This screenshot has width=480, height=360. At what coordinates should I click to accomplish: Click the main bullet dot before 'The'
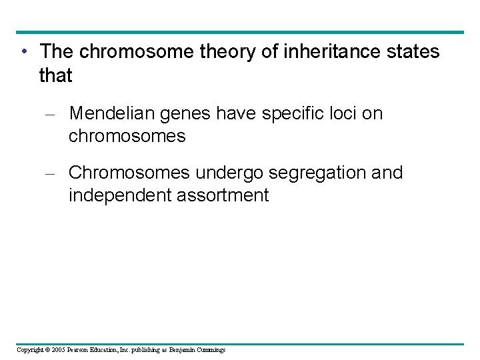click(23, 52)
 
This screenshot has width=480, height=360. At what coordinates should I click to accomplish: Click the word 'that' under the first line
click(55, 76)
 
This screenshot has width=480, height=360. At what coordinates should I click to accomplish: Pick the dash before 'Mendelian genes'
click(54, 115)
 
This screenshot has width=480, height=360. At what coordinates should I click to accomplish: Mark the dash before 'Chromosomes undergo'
click(54, 173)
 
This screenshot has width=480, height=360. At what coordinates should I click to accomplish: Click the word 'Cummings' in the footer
click(211, 350)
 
